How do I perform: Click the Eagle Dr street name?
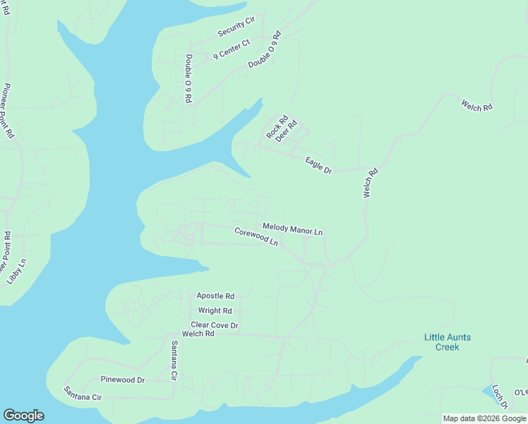tap(318, 165)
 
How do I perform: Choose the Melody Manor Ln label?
tap(292, 228)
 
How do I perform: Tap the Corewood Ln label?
tap(256, 235)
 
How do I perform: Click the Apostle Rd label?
tap(215, 296)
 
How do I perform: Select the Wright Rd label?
tap(215, 311)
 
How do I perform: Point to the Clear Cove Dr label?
tap(215, 325)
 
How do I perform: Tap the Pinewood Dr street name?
tap(122, 379)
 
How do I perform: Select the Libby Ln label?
tap(16, 271)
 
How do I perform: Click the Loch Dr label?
tap(500, 396)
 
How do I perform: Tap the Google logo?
tap(23, 416)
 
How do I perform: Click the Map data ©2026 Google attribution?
tap(485, 418)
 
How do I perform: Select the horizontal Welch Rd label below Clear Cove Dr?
tap(198, 334)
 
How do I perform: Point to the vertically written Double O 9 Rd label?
tap(189, 79)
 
